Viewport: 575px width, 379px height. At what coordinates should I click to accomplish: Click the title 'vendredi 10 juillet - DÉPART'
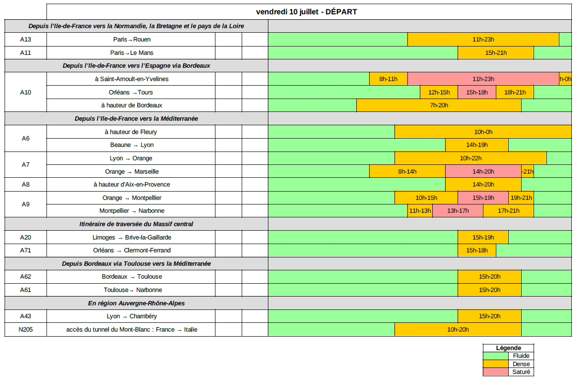[306, 12]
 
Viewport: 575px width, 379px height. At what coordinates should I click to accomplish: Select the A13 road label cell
[25, 40]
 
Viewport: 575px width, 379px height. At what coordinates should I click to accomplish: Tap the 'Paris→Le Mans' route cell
[131, 53]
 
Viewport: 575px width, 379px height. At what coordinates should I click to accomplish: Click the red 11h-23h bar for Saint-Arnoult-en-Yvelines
[483, 79]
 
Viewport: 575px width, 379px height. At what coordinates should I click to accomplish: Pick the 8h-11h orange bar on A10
[388, 79]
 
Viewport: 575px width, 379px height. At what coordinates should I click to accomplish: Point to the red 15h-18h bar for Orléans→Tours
[476, 93]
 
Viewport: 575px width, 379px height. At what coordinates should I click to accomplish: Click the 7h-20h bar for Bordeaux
[439, 105]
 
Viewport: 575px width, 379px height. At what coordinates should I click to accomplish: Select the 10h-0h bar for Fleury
[483, 132]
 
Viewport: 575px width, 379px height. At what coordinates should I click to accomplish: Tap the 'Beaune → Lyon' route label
[131, 145]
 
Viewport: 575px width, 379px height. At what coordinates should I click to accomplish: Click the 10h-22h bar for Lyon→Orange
[470, 158]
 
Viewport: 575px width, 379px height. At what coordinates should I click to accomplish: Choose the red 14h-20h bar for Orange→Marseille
[483, 172]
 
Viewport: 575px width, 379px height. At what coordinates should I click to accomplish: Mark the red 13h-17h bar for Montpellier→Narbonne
[458, 211]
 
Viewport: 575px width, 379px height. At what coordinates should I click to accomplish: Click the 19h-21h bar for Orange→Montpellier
[521, 198]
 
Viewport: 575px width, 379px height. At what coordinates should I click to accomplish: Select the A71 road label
[25, 251]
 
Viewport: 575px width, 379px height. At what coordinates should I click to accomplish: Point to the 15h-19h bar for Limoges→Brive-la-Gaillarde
[483, 238]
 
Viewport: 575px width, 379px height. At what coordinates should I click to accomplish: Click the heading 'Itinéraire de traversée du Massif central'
[136, 224]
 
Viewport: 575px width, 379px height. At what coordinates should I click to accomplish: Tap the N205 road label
[25, 330]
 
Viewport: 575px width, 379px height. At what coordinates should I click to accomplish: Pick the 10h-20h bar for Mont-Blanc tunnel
[458, 330]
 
